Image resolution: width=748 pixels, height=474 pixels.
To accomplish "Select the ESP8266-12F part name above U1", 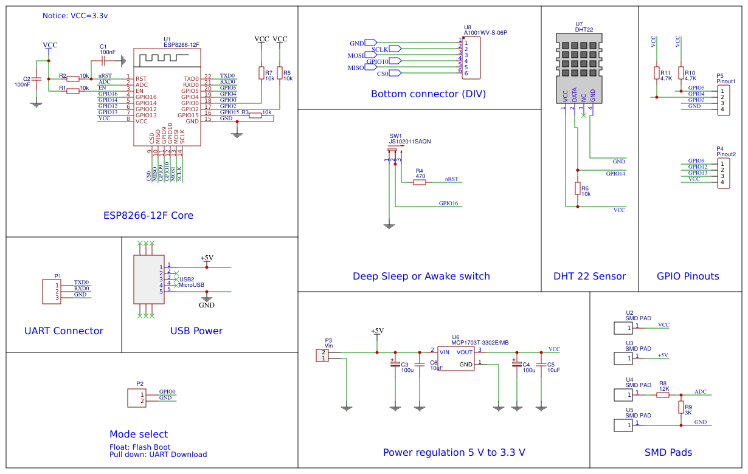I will point(181,44).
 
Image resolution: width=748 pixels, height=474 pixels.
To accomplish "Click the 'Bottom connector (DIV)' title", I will point(428,94).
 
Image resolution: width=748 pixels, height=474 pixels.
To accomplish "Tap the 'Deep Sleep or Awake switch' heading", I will point(421,276).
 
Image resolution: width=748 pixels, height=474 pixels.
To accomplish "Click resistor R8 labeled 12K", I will point(663,394).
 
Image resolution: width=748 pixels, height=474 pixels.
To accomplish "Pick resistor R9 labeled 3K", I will point(680,407).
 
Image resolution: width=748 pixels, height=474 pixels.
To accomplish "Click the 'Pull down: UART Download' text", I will point(158,455).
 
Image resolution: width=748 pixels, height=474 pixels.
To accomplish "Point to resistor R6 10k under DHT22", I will point(578,189).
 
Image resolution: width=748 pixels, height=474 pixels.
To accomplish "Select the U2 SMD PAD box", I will point(624,328).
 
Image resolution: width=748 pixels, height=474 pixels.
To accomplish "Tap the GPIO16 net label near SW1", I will point(448,204).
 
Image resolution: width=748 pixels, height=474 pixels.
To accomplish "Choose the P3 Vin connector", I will point(322,355).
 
